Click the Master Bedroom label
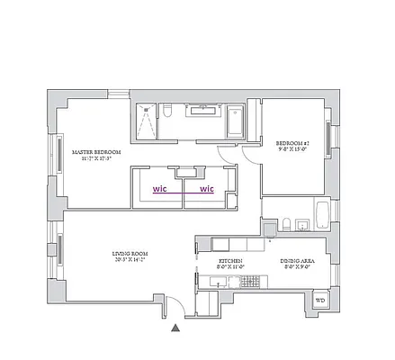tap(90, 152)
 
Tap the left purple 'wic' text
tap(159, 189)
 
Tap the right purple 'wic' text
tap(207, 189)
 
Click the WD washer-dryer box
tap(319, 300)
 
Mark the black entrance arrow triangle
tap(175, 329)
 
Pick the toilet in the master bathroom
tap(168, 112)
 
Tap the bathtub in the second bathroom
tap(322, 214)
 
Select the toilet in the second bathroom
tap(284, 223)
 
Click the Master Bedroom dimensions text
tap(90, 159)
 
